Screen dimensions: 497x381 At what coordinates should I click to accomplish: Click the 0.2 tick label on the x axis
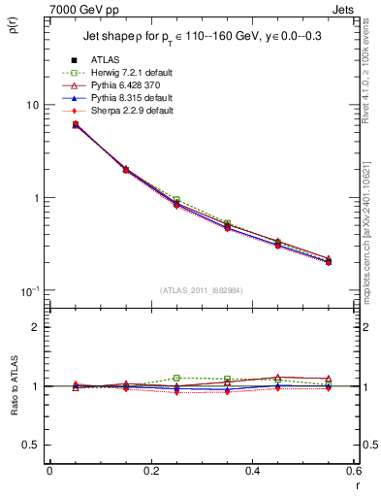click(x=150, y=472)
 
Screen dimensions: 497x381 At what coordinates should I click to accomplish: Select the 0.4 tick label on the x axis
click(x=252, y=472)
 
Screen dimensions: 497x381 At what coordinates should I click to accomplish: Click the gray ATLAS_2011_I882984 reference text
click(x=201, y=290)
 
